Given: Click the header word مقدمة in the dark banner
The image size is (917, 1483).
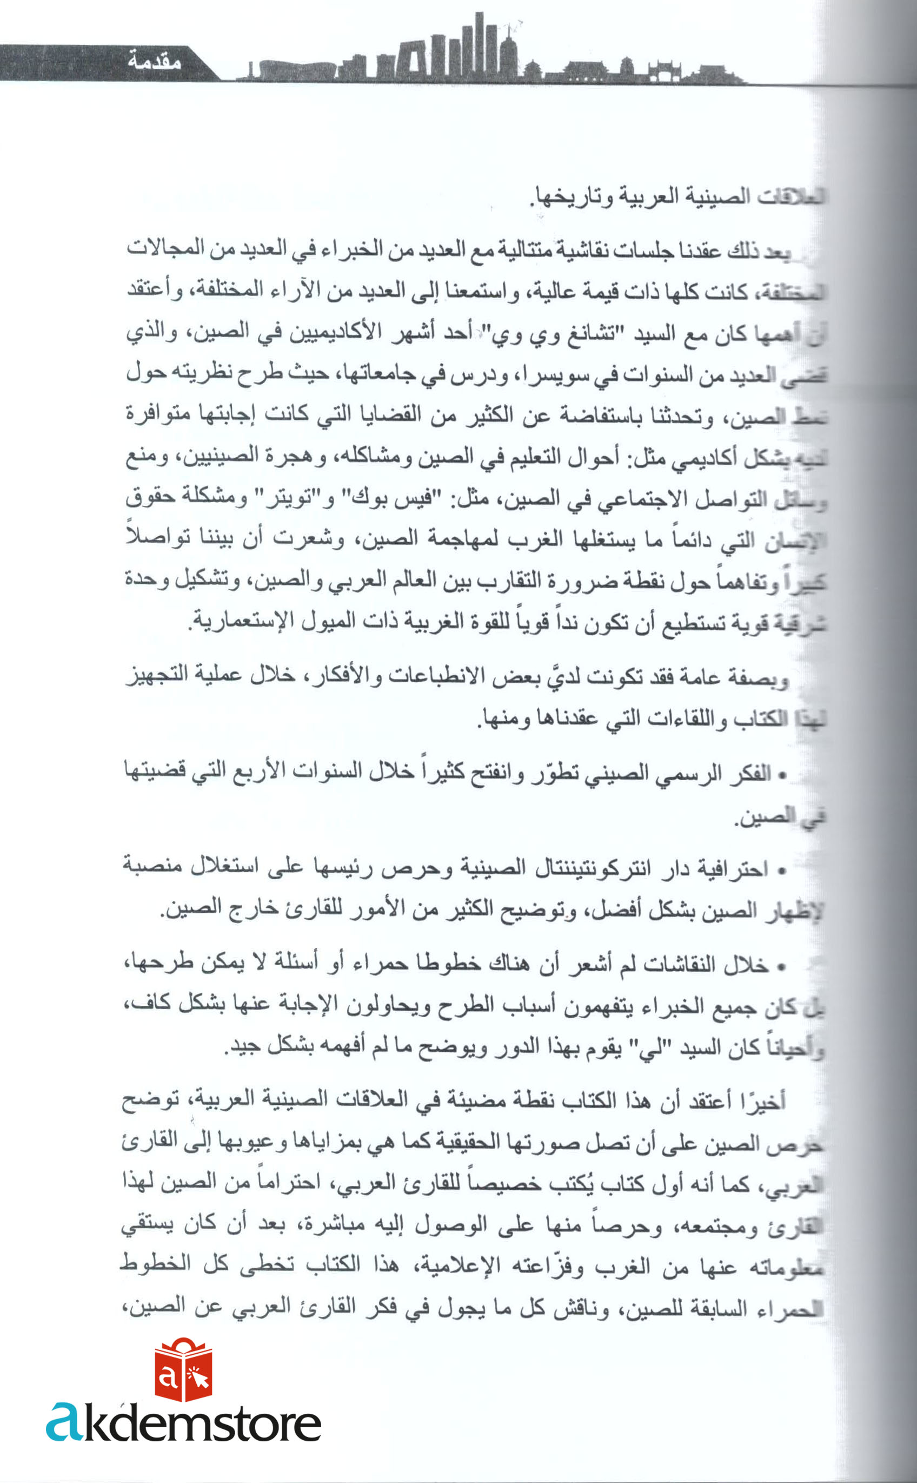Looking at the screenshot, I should (154, 62).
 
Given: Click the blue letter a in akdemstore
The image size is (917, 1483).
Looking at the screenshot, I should (64, 1422).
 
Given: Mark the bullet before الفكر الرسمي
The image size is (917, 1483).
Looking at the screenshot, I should (782, 775).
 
